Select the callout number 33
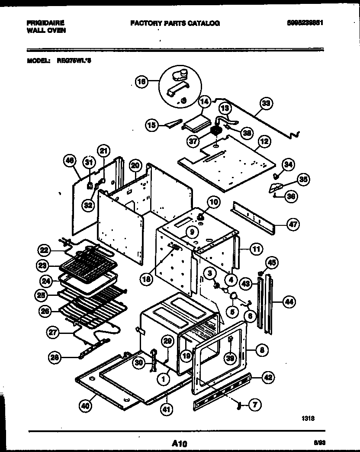266,103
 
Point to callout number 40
86,406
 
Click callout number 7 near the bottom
255,405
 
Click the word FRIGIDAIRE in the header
44,23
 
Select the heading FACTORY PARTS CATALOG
175,23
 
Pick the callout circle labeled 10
214,201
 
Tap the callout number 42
268,377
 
